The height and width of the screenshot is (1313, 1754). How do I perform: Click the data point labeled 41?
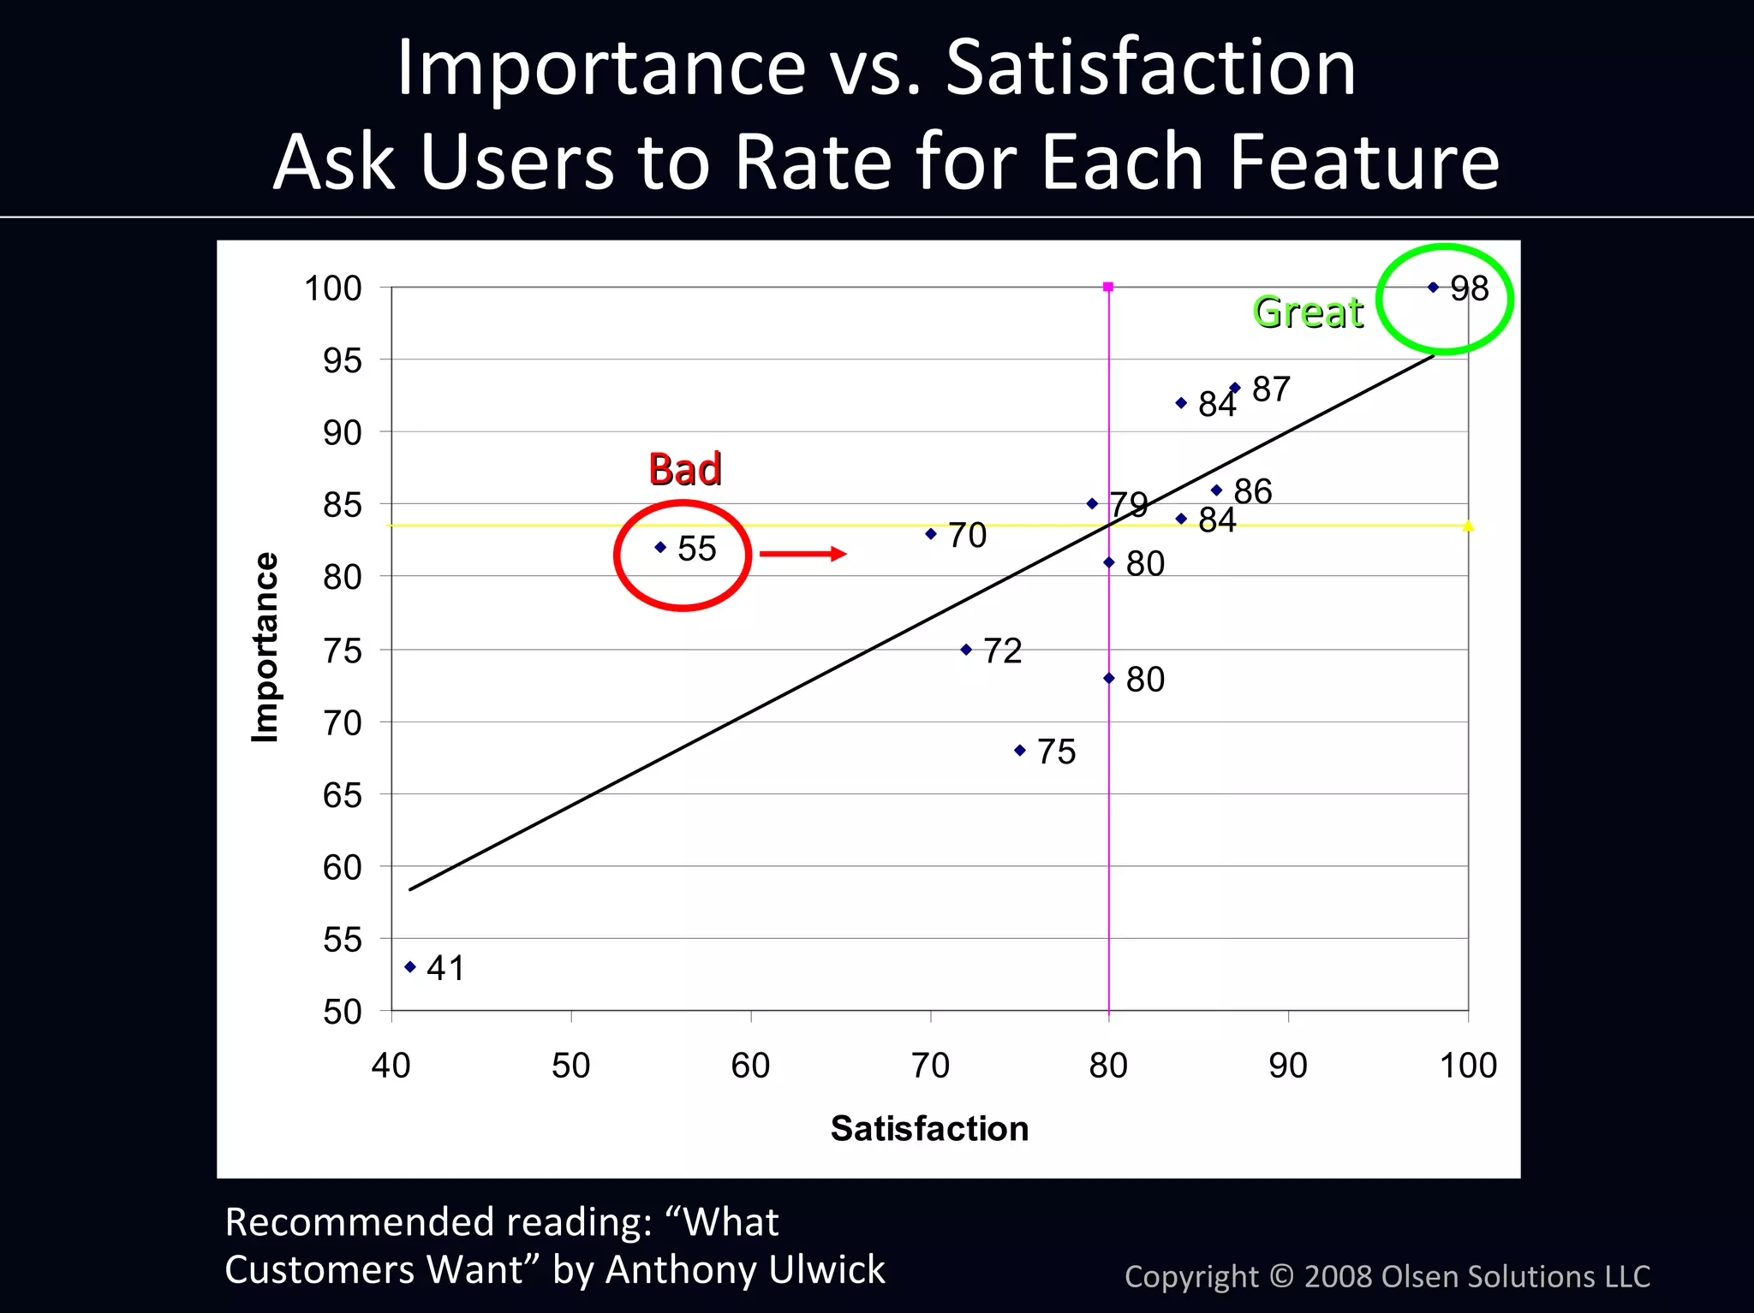410,967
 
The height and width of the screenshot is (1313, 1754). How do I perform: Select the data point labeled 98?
1434,288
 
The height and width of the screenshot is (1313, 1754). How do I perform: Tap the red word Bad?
684,469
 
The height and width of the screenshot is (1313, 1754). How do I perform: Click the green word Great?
1308,312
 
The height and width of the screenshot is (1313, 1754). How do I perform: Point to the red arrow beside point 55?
802,555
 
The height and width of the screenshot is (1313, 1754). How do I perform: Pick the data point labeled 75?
1020,751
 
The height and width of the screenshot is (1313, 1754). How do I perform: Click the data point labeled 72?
966,650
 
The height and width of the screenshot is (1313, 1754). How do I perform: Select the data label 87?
1271,389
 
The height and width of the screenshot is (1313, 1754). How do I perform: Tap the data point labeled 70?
931,534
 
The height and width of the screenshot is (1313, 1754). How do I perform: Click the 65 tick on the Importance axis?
342,796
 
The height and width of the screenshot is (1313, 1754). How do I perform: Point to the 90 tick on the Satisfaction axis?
1288,1066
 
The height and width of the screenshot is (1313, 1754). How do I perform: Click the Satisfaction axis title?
929,1129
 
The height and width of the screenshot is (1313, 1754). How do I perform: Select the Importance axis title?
265,648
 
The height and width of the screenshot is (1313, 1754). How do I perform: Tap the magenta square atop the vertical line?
1108,287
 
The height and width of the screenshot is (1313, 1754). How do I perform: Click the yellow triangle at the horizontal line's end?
1468,526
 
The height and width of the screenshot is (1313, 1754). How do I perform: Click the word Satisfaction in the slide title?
1150,68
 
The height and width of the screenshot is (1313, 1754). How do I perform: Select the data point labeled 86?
1216,490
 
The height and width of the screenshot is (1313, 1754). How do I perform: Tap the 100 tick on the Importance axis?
333,289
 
